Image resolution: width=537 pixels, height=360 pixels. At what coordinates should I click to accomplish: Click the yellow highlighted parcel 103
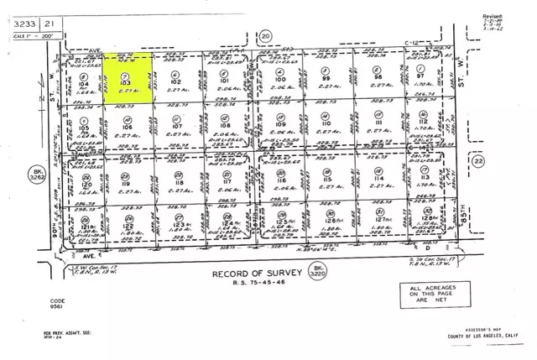coord(127,79)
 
